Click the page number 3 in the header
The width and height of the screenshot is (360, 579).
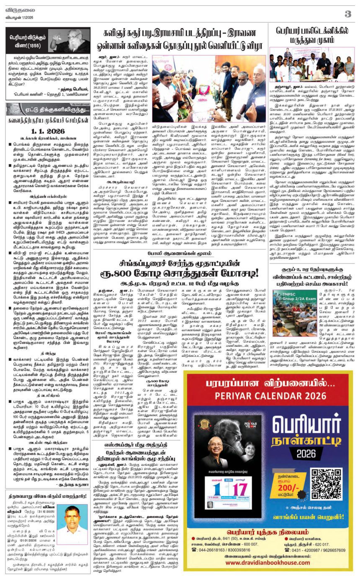[x=347, y=14]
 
